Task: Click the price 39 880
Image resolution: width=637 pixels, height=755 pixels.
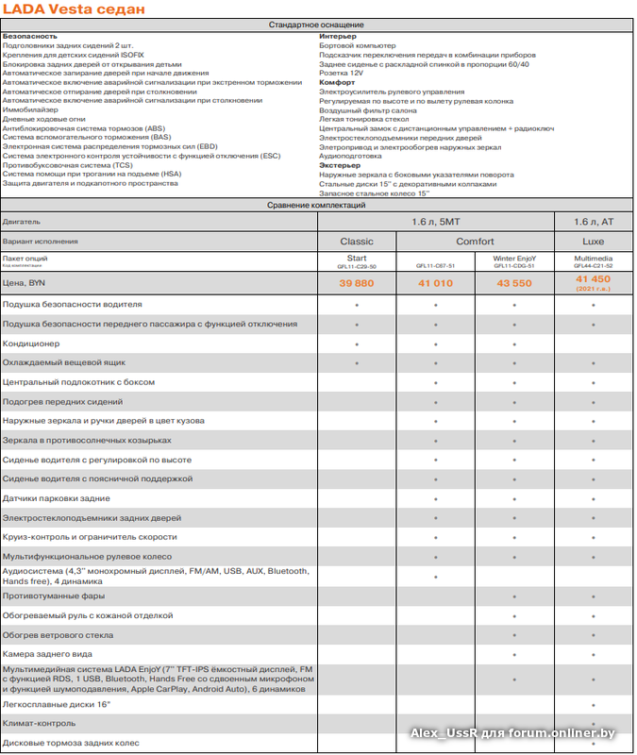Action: (x=357, y=282)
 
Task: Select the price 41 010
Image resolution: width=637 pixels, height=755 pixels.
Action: (x=435, y=282)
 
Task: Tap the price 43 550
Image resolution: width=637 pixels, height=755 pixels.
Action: (x=514, y=282)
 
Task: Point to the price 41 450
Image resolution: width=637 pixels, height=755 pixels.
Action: (x=593, y=279)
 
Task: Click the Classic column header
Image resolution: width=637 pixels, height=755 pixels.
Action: (x=357, y=241)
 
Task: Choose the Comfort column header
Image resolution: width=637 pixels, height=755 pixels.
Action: (x=475, y=241)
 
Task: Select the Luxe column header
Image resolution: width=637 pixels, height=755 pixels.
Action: (x=593, y=241)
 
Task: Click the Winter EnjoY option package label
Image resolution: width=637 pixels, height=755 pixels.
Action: (x=514, y=258)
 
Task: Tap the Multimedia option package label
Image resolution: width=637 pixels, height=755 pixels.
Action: (x=593, y=258)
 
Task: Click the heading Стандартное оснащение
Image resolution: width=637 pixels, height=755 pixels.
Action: (x=316, y=25)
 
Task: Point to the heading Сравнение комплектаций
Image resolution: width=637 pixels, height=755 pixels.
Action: (x=316, y=205)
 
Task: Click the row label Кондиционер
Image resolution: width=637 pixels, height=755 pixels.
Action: (x=31, y=344)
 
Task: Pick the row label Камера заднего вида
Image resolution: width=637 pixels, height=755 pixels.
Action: (x=47, y=654)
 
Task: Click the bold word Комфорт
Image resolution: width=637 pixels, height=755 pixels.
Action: (x=337, y=82)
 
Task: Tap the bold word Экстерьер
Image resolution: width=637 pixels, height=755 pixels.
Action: (x=340, y=165)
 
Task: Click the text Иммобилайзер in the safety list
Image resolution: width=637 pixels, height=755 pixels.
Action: (x=30, y=109)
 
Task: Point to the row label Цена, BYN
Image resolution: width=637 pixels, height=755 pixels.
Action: (x=25, y=282)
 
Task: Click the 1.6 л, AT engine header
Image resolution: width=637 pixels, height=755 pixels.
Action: (x=593, y=221)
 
